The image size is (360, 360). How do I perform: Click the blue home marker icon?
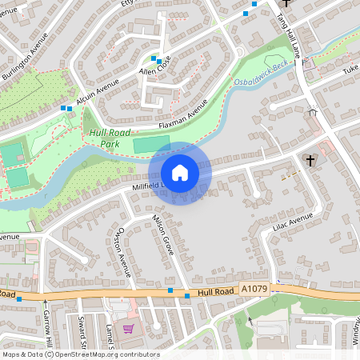[180, 173]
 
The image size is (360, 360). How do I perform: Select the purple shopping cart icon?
[126, 328]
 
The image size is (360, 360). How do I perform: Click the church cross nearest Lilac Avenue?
[310, 161]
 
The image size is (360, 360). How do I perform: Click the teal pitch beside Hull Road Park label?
[150, 145]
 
